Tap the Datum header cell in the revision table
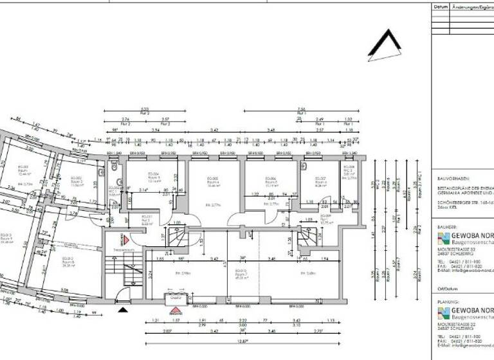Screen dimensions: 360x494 [x=441, y=7]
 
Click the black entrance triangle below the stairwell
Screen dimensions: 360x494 [x=123, y=310]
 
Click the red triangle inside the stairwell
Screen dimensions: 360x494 [x=127, y=239]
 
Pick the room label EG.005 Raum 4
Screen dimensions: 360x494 [x=213, y=181]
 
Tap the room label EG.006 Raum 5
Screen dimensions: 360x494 [x=270, y=181]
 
